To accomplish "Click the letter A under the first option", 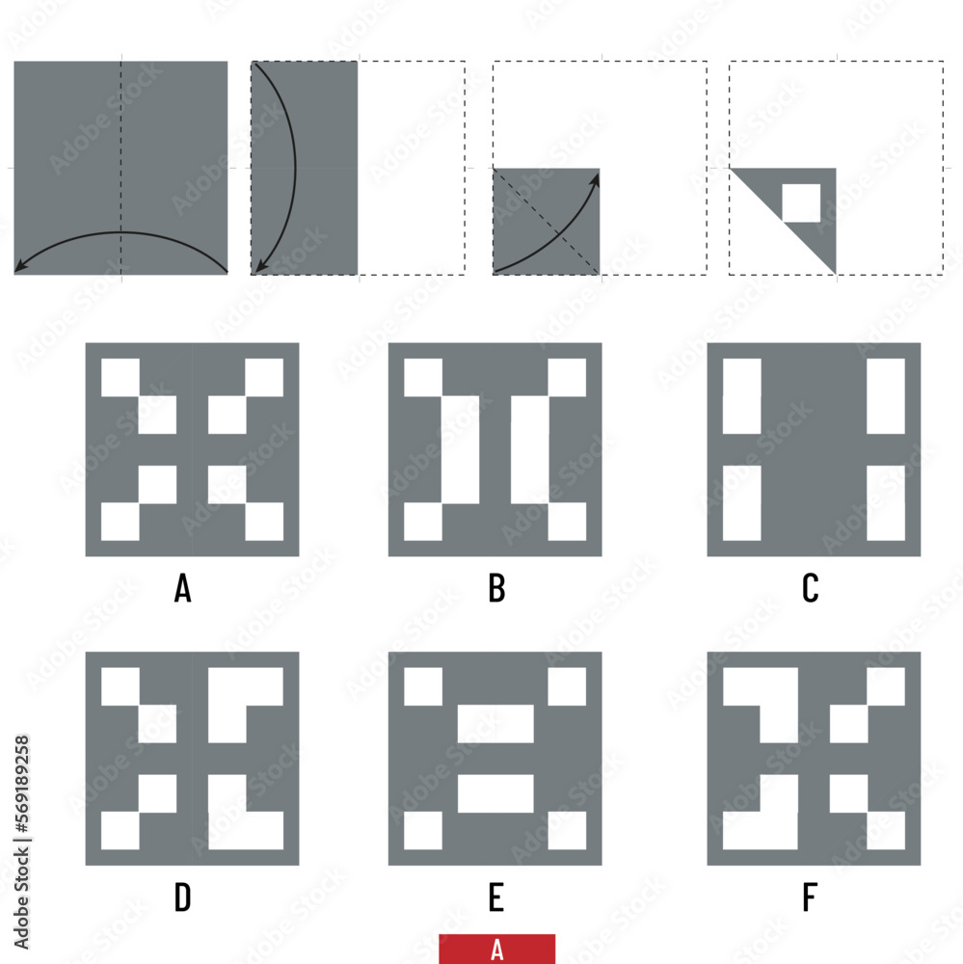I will [x=182, y=587].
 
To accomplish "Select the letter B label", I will [x=496, y=587].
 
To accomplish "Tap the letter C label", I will [x=811, y=587].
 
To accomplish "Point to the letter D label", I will [x=182, y=897].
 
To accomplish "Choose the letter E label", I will [x=496, y=897].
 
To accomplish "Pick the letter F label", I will [x=811, y=897].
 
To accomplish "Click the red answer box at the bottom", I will [x=496, y=949].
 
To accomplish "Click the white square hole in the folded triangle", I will [x=800, y=202].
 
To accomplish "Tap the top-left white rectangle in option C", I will [x=741, y=396].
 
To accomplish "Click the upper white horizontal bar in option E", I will [x=495, y=724].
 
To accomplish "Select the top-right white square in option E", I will [x=567, y=686].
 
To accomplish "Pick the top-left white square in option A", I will [x=120, y=378].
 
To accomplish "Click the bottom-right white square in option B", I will [x=567, y=522].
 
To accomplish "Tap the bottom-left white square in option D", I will [x=120, y=830].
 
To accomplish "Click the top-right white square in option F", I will [x=886, y=686].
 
